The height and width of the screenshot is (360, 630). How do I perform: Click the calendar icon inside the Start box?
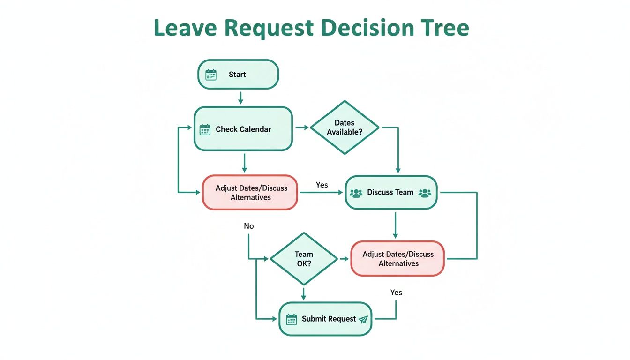pos(211,75)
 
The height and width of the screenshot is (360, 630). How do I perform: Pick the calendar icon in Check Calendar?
pos(205,129)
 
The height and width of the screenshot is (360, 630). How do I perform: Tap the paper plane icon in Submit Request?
pos(363,319)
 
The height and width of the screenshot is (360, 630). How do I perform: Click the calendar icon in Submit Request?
pos(292,319)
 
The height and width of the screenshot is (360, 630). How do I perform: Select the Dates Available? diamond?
pos(345,127)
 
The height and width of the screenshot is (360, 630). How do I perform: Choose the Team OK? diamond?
pos(304,259)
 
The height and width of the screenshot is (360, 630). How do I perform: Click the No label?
pos(248,226)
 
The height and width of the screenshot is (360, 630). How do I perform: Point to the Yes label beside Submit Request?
pos(396,292)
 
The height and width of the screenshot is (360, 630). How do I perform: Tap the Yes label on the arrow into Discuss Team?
pos(322,185)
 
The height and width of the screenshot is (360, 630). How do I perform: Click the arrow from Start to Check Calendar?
pos(240,97)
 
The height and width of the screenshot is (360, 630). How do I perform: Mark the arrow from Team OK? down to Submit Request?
pos(304,293)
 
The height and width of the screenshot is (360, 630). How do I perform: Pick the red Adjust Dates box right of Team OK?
pos(398,259)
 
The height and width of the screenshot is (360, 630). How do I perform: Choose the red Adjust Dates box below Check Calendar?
pos(250,192)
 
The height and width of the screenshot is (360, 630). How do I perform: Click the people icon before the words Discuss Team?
pos(356,193)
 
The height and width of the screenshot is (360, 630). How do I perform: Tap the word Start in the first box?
pos(237,75)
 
